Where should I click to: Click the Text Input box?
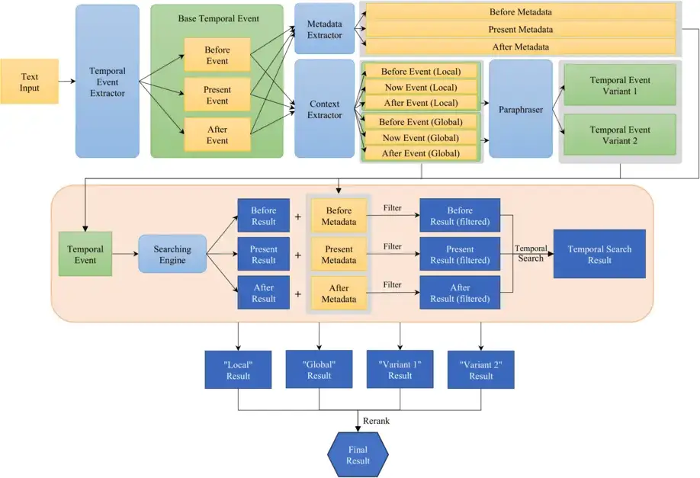click(29, 82)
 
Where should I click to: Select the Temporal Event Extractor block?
click(108, 82)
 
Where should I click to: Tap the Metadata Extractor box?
click(324, 29)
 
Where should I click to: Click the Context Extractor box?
click(324, 109)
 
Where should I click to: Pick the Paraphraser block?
click(521, 109)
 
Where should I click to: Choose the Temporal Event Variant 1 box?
click(619, 85)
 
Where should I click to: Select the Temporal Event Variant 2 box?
click(619, 135)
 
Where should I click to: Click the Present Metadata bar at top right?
click(520, 30)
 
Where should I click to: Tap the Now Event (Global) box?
click(419, 137)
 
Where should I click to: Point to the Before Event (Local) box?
click(419, 72)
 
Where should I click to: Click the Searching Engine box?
click(172, 254)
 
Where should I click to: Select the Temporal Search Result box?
click(599, 254)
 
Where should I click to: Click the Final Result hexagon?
click(358, 455)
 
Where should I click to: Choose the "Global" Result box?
click(319, 370)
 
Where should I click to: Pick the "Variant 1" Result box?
click(400, 370)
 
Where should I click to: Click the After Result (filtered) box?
click(460, 293)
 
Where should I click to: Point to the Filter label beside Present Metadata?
click(392, 246)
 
